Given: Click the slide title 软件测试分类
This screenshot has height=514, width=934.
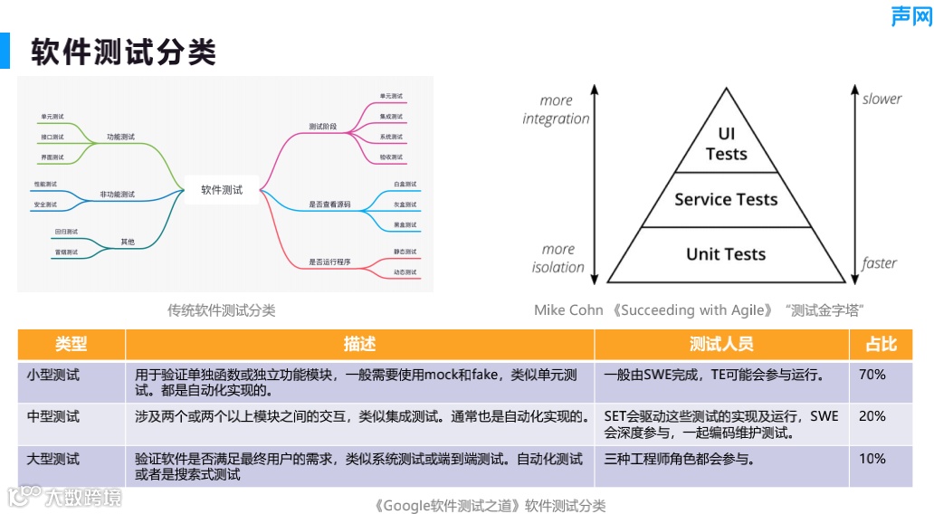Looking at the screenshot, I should click(123, 52).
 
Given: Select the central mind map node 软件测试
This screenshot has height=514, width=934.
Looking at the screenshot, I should click(222, 190).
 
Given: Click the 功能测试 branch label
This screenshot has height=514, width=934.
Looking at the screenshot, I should click(120, 137).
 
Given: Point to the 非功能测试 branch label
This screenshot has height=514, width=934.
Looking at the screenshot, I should click(117, 195).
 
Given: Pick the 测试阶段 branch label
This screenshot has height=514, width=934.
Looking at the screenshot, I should click(322, 127).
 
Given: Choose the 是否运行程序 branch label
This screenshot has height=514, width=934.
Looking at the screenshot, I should click(329, 262).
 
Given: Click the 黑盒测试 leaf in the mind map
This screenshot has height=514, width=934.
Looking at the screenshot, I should click(405, 224).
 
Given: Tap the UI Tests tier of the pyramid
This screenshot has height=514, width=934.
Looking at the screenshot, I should click(726, 144).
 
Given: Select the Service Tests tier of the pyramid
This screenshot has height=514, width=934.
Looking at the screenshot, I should click(726, 200).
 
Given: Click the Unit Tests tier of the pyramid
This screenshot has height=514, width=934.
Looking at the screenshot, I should click(726, 254).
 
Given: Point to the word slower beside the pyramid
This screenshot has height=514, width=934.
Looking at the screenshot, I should click(882, 99).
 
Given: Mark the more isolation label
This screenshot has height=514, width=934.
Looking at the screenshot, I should click(558, 258).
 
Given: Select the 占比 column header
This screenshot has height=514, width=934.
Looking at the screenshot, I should click(881, 344).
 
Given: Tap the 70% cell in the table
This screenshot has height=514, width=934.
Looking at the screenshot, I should click(872, 374).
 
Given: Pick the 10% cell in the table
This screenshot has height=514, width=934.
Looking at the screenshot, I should click(872, 459).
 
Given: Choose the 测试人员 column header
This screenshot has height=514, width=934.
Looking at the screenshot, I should click(720, 344).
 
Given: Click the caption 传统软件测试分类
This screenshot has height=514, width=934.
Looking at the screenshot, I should click(221, 310).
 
